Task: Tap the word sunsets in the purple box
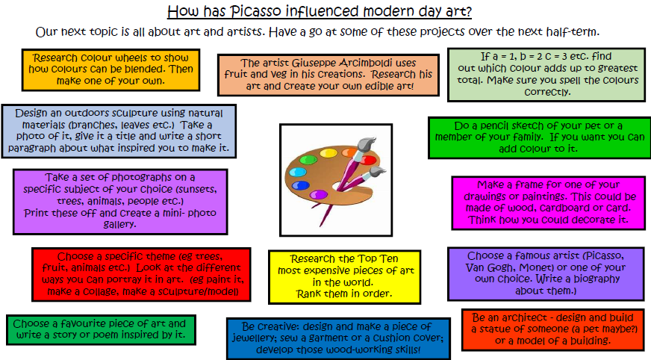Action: (x=198, y=190)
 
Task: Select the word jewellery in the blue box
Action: (x=252, y=338)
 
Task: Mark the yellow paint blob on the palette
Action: (x=328, y=153)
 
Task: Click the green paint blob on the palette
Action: (x=308, y=160)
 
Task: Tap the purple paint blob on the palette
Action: (x=319, y=194)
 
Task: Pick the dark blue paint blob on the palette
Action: (x=300, y=186)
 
